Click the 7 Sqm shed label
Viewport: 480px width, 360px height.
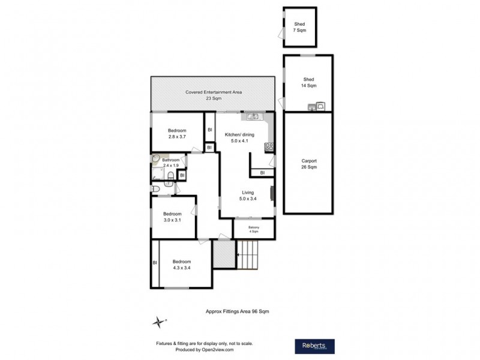point(299,26)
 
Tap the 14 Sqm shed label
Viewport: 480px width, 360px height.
point(308,83)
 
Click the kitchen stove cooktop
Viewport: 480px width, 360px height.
point(269,146)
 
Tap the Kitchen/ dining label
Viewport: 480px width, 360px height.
point(239,139)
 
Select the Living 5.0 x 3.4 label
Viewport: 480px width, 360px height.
point(248,196)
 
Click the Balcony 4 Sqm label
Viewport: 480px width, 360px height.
point(254,229)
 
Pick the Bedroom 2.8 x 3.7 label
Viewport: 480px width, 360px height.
point(177,134)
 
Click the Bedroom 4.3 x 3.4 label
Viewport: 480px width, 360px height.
point(182,265)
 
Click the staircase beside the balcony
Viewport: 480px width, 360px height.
point(248,254)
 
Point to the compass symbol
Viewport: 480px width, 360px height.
point(158,322)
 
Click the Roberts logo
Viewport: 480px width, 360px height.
point(314,346)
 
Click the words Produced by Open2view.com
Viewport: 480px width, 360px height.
point(205,350)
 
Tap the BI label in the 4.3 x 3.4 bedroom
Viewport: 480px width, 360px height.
point(155,263)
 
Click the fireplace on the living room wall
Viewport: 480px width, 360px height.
point(272,193)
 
